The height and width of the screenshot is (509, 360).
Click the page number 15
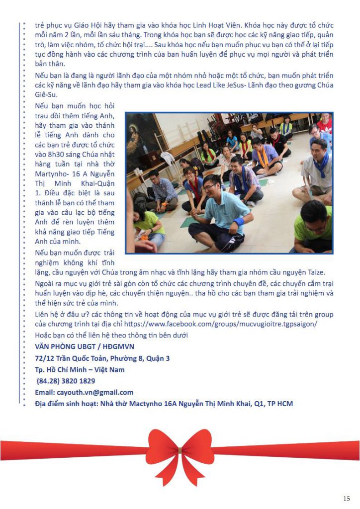(x=347, y=499)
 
